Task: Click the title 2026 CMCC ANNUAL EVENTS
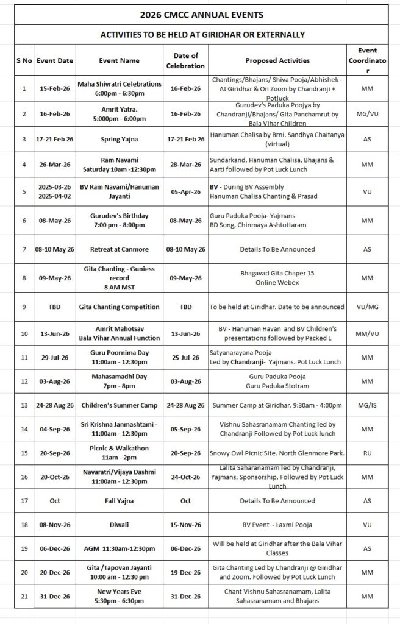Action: (201, 13)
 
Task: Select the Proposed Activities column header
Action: (277, 61)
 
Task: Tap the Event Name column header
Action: (119, 61)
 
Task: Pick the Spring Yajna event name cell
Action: (119, 140)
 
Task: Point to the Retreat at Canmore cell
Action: (119, 249)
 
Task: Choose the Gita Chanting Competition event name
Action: (119, 307)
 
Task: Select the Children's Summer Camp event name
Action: (119, 405)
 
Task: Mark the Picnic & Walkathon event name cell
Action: (119, 452)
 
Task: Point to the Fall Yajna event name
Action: (119, 501)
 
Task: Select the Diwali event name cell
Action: (119, 524)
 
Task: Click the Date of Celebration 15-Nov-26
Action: (182, 524)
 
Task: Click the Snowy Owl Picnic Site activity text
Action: (277, 452)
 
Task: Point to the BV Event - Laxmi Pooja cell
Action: (277, 524)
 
